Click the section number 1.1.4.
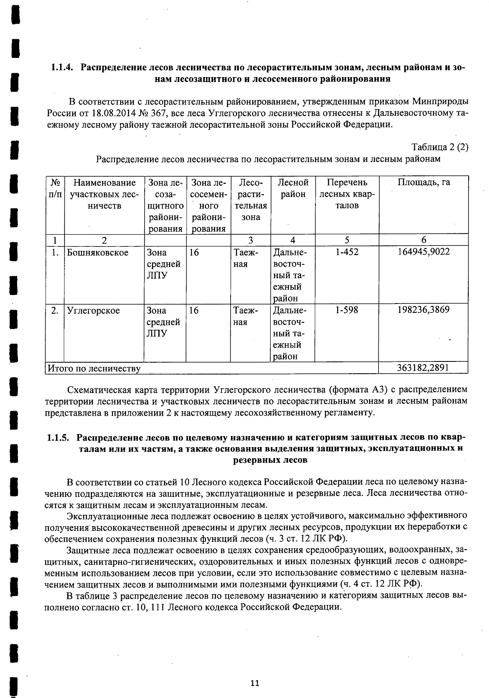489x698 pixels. coord(62,67)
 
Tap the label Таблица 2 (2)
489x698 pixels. coord(440,147)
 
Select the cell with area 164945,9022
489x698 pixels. coord(423,252)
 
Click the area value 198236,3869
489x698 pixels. coord(423,310)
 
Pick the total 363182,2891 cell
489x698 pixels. coord(423,368)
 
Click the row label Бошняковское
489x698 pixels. coord(97,253)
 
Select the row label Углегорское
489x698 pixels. coord(93,310)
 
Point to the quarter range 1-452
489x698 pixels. coord(347,252)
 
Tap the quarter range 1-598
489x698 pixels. coord(347,310)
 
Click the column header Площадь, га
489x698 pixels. coord(423,182)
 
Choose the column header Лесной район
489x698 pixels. coord(293,188)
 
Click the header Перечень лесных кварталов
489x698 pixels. coord(347,194)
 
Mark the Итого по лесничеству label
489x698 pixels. coord(94,368)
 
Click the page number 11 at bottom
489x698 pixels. coord(255,683)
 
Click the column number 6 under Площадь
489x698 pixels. coord(423,240)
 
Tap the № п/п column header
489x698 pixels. coord(54,188)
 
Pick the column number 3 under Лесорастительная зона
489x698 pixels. coord(251,240)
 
